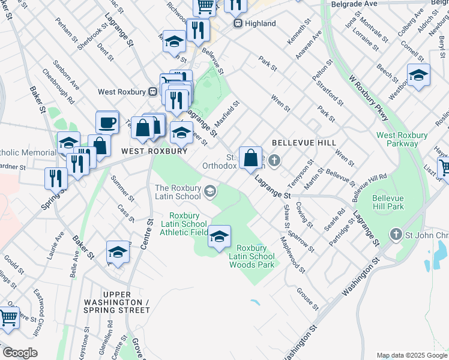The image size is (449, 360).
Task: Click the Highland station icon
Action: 238,23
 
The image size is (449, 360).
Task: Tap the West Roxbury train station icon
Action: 153,92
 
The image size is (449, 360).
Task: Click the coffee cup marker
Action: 107,122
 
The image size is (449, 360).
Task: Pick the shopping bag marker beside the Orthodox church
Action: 251,158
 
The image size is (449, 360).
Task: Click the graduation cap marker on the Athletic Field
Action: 219,238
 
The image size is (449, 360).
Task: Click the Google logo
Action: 20,353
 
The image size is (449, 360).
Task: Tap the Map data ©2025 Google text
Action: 411,355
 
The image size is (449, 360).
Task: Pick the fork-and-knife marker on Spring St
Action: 53,177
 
